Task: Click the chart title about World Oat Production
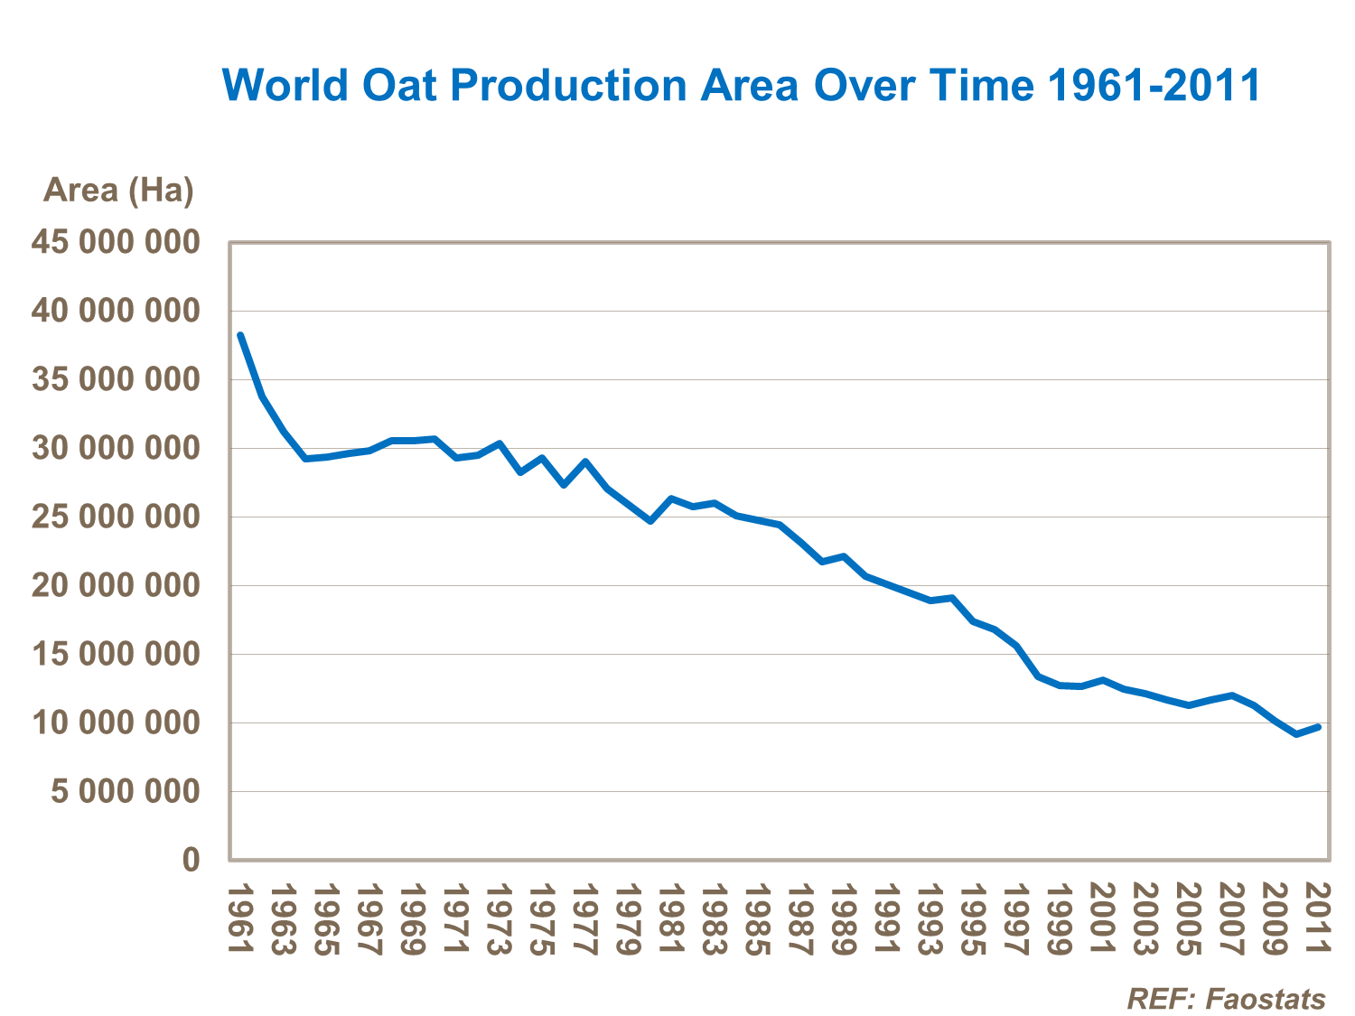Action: click(741, 86)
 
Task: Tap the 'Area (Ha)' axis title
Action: click(118, 191)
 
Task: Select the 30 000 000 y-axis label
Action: click(116, 448)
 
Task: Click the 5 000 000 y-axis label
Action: click(125, 792)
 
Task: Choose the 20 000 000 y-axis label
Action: click(116, 585)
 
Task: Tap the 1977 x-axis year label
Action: click(585, 919)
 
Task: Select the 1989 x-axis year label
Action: click(845, 919)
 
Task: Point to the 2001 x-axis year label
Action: click(1103, 919)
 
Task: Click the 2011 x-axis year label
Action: click(1319, 919)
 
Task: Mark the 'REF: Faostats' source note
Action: click(1226, 999)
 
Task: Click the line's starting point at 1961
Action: click(240, 335)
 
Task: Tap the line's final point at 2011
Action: click(1319, 726)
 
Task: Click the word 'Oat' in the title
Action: click(399, 86)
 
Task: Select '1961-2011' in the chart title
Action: click(1154, 86)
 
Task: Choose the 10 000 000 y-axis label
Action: click(116, 722)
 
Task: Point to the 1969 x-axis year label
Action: click(413, 919)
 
